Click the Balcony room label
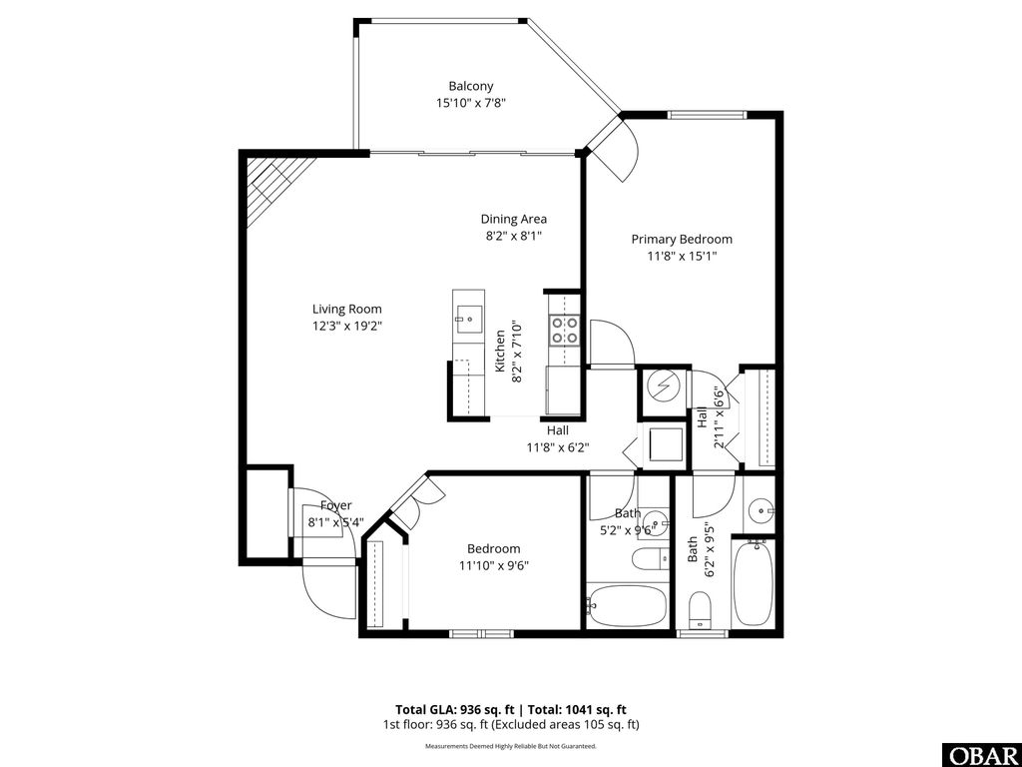[x=470, y=87]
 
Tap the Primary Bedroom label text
[x=682, y=240]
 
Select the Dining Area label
[x=513, y=220]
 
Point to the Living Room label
[x=346, y=310]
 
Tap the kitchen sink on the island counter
[x=467, y=321]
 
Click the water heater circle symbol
[x=663, y=385]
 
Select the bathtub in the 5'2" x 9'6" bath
[x=627, y=605]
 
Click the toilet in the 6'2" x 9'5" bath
[x=701, y=608]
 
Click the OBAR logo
[x=981, y=754]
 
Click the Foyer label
[x=328, y=506]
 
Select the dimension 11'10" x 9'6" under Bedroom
[x=493, y=565]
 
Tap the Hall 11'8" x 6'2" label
[x=557, y=439]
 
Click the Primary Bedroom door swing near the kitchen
[x=611, y=343]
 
